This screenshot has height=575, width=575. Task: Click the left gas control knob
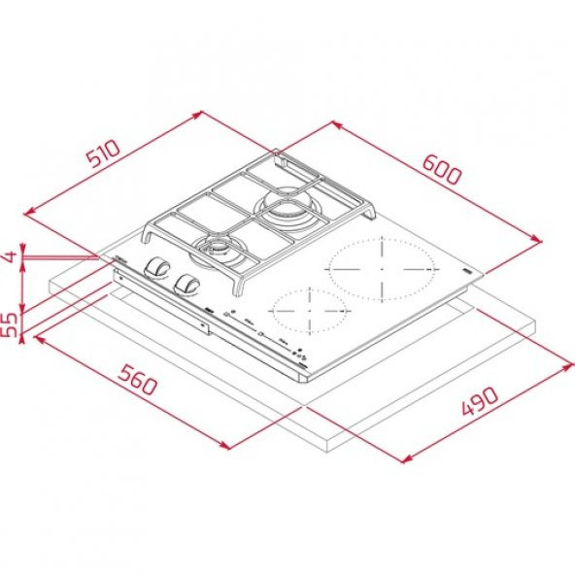154,269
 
